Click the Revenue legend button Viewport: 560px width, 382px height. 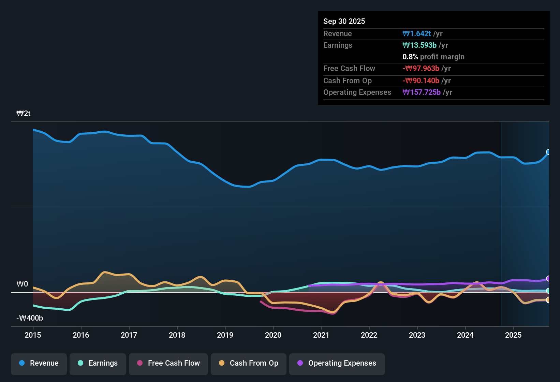39,363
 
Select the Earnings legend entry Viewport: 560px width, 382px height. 98,363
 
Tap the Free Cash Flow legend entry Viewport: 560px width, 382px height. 168,363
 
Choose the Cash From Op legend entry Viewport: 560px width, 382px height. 249,363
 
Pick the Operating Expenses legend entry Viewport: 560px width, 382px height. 337,363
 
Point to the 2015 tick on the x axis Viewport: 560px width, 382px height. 33,335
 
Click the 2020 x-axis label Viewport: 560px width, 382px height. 273,335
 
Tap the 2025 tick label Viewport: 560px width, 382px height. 513,335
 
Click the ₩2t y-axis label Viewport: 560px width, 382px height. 24,114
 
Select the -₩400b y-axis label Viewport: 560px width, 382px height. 30,318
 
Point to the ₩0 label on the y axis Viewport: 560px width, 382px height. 22,284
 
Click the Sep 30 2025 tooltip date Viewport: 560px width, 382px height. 344,21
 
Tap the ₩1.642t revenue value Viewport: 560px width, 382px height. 417,33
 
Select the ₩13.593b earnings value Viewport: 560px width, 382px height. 419,45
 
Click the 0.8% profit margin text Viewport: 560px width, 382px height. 433,57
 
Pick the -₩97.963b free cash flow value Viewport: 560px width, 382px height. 421,69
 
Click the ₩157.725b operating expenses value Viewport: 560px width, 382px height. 422,92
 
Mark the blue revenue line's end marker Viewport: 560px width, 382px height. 548,152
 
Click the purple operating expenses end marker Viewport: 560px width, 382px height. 548,279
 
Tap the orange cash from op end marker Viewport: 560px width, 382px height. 548,300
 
